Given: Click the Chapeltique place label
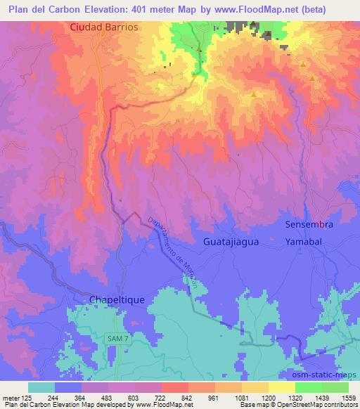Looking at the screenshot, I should coord(117,299).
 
